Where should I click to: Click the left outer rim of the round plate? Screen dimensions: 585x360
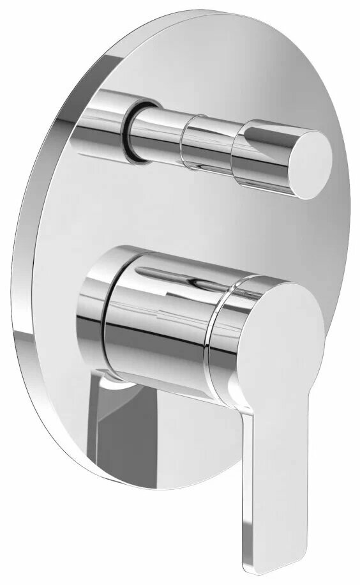(x=19, y=287)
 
